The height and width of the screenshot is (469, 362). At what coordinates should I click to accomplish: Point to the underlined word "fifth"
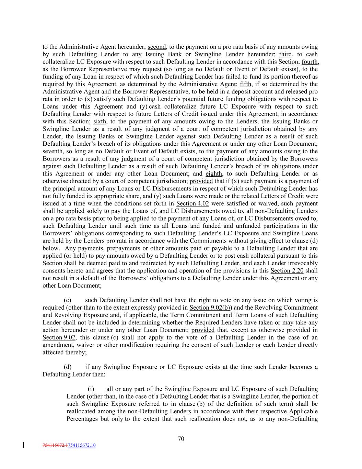pyautogui.click(x=245, y=84)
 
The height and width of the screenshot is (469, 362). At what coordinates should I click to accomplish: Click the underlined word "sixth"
pyautogui.click(x=100, y=121)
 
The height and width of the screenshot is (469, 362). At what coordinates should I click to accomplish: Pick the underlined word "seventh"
pyautogui.click(x=52, y=151)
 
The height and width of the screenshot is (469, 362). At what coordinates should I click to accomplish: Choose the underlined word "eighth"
pyautogui.click(x=214, y=174)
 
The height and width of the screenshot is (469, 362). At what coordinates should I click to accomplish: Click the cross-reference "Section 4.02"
pyautogui.click(x=192, y=203)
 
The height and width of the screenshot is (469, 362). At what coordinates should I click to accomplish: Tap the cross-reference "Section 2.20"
pyautogui.click(x=287, y=270)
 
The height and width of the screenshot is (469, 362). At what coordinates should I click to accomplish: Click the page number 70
pyautogui.click(x=181, y=438)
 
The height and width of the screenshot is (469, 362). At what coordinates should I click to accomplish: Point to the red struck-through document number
pyautogui.click(x=55, y=446)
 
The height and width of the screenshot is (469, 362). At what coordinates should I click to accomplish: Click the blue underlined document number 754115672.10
pyautogui.click(x=82, y=446)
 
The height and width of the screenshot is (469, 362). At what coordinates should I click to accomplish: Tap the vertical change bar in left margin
pyautogui.click(x=23, y=445)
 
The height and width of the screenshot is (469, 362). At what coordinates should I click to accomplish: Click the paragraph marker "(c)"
pyautogui.click(x=68, y=300)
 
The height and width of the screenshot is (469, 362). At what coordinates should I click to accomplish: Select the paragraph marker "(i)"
pyautogui.click(x=91, y=389)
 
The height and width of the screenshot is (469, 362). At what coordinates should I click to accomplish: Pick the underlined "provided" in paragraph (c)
pyautogui.click(x=203, y=330)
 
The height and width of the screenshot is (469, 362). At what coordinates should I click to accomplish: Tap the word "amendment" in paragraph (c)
pyautogui.click(x=57, y=345)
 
